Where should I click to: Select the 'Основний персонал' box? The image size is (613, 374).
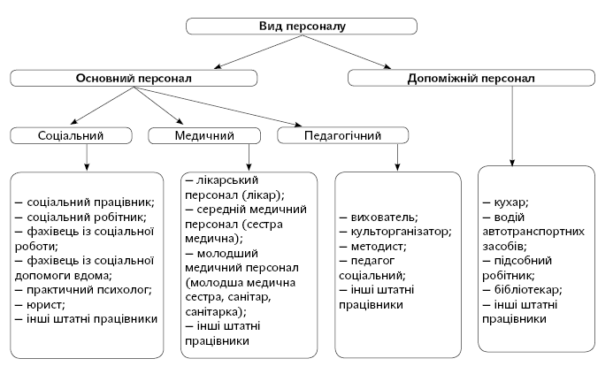coord(134,79)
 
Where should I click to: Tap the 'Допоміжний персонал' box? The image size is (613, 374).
coord(471,79)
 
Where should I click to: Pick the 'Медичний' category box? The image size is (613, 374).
coord(203,136)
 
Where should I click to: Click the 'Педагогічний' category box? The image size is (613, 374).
coord(342,136)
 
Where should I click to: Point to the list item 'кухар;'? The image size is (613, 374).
coord(510,202)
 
